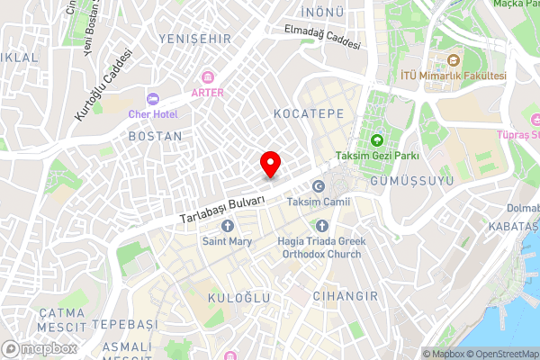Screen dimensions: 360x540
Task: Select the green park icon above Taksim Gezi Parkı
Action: [x=377, y=140]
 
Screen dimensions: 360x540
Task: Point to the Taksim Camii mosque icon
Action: [x=318, y=186]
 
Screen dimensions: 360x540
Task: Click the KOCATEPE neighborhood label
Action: [x=303, y=116]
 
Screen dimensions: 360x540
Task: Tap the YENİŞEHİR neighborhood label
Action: [x=193, y=39]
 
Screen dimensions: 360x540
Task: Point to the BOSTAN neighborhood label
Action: [x=155, y=136]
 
